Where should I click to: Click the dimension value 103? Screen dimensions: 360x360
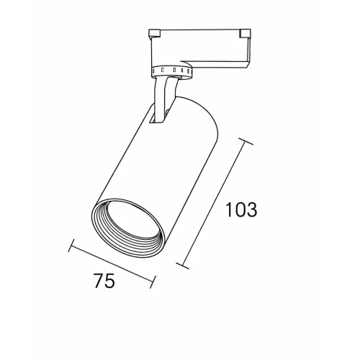coord(241,210)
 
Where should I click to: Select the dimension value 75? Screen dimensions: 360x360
coord(104,280)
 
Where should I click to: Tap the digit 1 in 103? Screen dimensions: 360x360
coord(230,210)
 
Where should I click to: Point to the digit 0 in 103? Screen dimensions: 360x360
coord(240,210)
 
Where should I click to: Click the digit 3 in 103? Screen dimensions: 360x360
coord(252,210)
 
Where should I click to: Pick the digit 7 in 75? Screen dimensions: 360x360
coord(99,280)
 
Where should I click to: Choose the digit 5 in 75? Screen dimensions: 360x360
coord(110,281)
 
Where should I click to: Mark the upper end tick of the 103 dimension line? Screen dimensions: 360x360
coord(245,141)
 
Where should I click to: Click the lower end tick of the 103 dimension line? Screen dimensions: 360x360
coord(183,266)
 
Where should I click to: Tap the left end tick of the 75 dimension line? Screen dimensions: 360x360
coord(71,245)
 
